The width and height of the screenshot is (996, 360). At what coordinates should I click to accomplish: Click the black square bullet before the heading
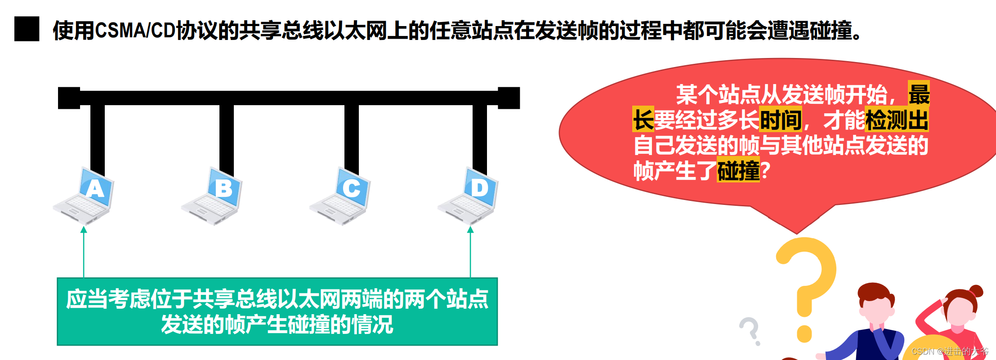click(27, 29)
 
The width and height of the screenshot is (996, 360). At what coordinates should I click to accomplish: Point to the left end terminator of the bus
click(69, 98)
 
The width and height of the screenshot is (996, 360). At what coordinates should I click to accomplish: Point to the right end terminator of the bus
click(509, 98)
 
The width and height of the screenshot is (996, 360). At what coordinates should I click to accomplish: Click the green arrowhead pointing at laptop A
click(84, 230)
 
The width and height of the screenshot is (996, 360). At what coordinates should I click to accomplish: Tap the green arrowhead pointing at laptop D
click(470, 230)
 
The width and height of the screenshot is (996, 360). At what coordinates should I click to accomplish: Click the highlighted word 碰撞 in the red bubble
click(738, 171)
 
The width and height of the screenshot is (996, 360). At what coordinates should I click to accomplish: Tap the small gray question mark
click(750, 331)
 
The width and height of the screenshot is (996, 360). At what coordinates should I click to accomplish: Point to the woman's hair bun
click(975, 291)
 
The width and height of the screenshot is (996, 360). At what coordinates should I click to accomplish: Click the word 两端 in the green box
click(362, 299)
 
